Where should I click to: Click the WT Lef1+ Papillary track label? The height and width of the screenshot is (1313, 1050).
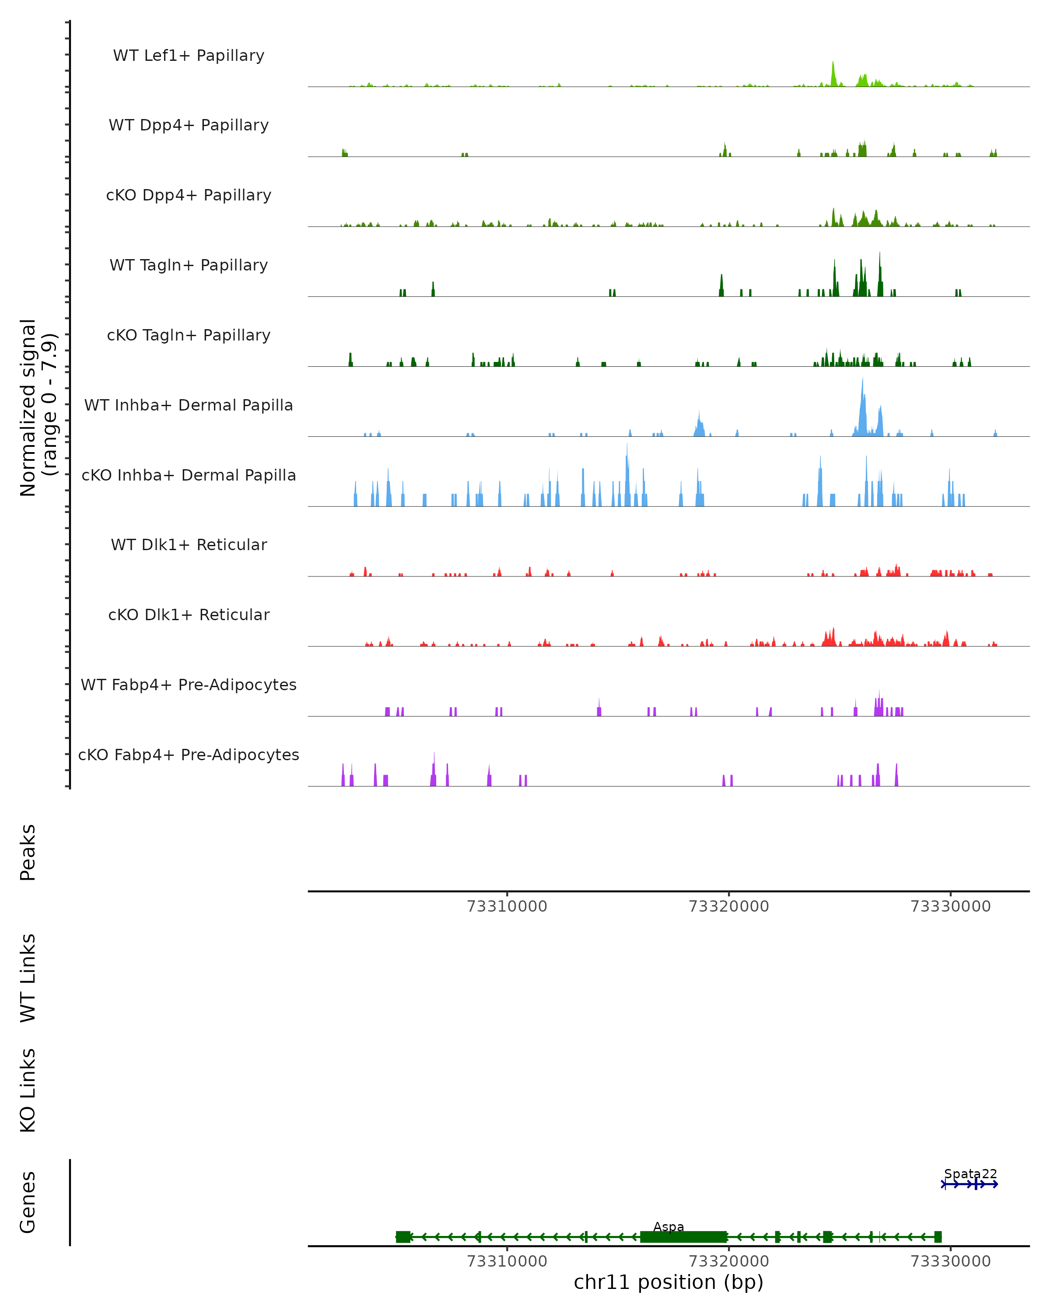[x=189, y=56]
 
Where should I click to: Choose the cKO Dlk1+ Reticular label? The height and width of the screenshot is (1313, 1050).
[x=189, y=614]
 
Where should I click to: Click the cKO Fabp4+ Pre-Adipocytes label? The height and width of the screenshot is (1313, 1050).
[x=189, y=755]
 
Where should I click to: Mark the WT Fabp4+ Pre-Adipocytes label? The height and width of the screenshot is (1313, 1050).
[x=189, y=685]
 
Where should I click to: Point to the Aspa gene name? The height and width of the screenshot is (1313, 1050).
[x=668, y=1226]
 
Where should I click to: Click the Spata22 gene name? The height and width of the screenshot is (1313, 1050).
[x=970, y=1173]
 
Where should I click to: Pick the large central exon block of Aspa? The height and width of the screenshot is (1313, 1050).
[x=683, y=1237]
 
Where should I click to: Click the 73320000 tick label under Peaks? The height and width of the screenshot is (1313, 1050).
[x=728, y=906]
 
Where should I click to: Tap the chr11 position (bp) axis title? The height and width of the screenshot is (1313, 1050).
[x=668, y=1282]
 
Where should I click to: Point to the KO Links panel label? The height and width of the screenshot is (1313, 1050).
[x=28, y=1090]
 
